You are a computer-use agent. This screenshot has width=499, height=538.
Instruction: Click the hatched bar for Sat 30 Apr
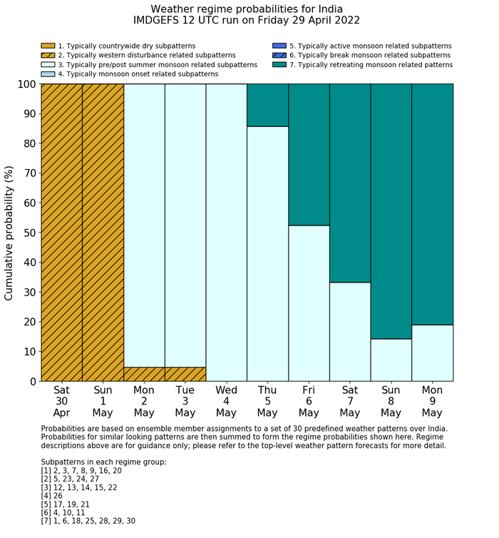(x=62, y=233)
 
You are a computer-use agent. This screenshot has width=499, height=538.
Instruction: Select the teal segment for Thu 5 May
(x=268, y=105)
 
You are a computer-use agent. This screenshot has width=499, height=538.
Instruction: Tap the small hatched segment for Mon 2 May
(x=144, y=374)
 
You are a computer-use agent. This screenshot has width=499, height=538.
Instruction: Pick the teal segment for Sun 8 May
(x=391, y=211)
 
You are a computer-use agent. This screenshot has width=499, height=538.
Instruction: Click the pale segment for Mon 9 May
(x=433, y=352)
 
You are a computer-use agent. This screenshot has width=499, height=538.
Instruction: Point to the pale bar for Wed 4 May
(x=227, y=233)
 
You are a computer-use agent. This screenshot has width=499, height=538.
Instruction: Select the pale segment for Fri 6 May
(x=309, y=303)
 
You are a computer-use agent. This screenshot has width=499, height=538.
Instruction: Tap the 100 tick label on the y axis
(x=26, y=84)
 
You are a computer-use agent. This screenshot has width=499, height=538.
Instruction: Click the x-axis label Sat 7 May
(x=350, y=402)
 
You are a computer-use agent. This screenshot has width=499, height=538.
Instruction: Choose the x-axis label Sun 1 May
(x=103, y=402)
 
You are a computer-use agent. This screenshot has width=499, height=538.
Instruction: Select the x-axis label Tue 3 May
(x=185, y=402)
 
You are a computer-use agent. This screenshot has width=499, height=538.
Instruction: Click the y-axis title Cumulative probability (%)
(x=9, y=233)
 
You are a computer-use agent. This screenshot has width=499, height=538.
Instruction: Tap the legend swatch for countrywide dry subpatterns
(x=48, y=46)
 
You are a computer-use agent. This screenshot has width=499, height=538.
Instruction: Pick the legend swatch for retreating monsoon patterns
(x=279, y=64)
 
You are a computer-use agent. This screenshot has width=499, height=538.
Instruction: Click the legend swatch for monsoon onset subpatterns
(x=48, y=73)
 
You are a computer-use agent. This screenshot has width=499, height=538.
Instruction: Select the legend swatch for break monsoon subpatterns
(x=279, y=55)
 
